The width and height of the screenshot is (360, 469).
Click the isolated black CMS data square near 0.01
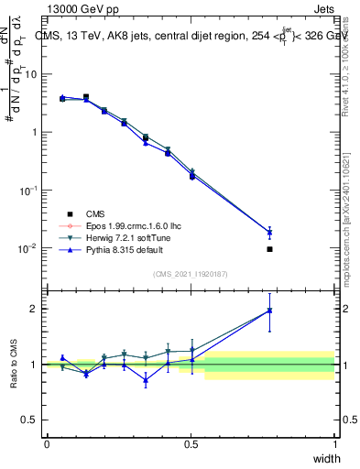(269, 249)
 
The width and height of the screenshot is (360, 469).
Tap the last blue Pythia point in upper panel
(269, 232)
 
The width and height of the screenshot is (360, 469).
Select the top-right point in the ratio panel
(269, 310)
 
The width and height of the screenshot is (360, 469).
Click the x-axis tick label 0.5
(191, 444)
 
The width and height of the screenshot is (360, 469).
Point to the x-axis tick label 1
(334, 444)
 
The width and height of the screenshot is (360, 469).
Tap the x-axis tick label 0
(47, 444)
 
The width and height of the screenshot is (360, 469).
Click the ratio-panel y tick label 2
(37, 309)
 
